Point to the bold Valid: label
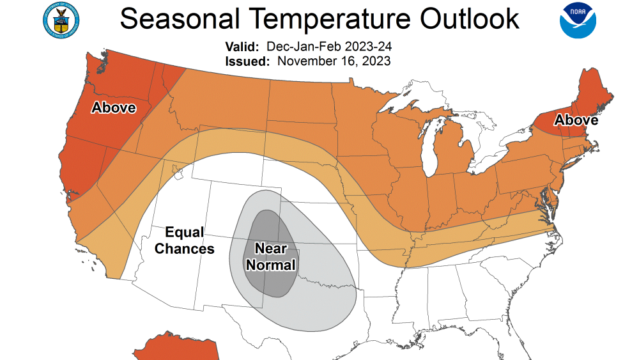click(x=242, y=47)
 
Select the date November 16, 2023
click(x=334, y=61)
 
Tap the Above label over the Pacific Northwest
click(x=114, y=107)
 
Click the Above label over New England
click(x=576, y=120)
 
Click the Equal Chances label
click(x=185, y=240)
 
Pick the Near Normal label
click(x=275, y=256)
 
